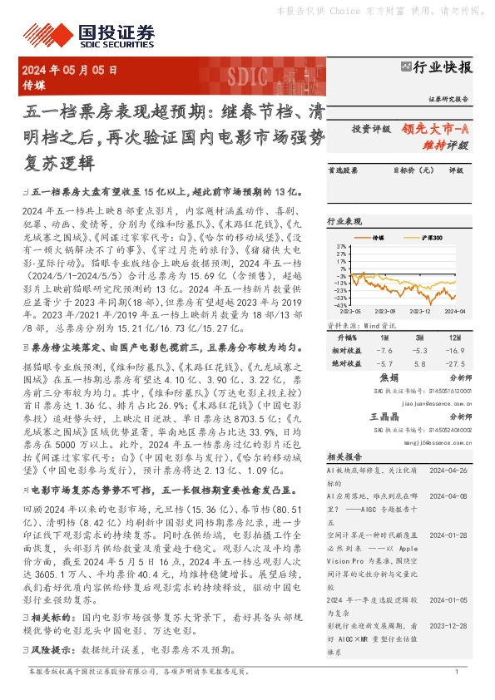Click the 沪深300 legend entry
coord(430,238)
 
